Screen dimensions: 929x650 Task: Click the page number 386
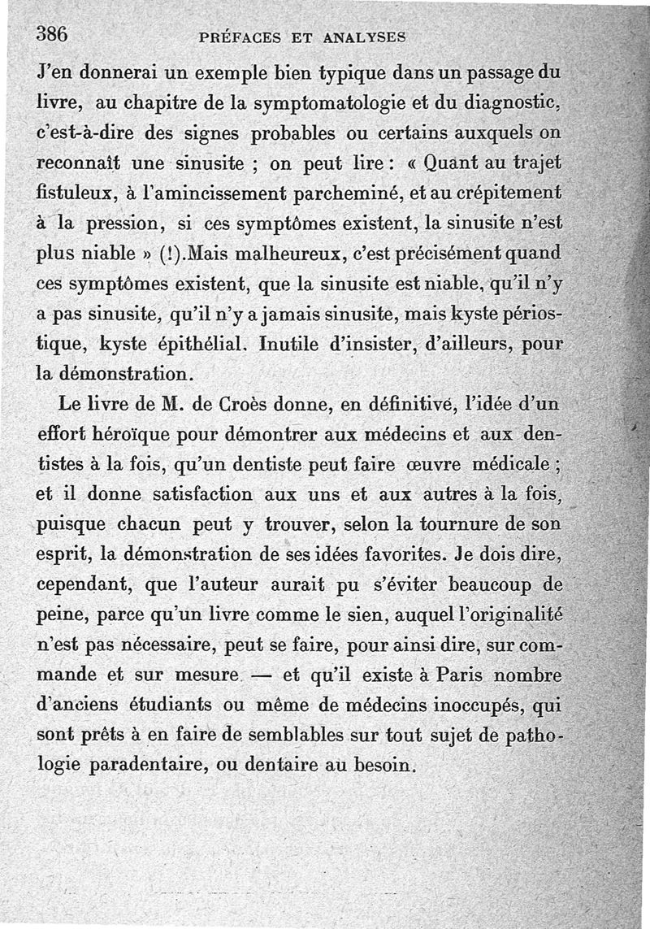click(x=50, y=33)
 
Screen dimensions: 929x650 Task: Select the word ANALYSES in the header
click(x=364, y=37)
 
